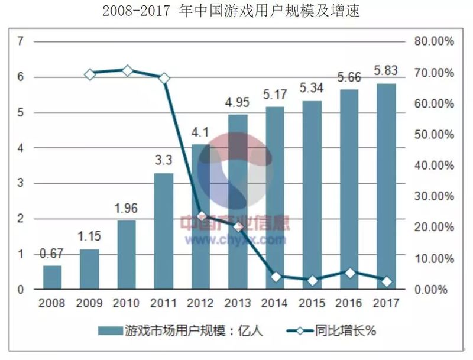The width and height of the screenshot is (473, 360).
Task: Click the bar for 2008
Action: tap(52, 278)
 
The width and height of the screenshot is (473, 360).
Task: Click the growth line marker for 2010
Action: tap(127, 71)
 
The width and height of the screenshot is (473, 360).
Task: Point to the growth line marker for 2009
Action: tap(89, 74)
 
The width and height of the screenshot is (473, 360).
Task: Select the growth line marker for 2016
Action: tap(349, 273)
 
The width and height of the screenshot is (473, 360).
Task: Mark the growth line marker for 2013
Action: tap(238, 226)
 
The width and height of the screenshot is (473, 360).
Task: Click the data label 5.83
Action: tap(386, 71)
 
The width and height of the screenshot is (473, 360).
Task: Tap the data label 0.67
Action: tap(52, 254)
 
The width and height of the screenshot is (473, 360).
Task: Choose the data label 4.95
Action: tap(238, 102)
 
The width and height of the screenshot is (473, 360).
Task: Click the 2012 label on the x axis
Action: tap(201, 304)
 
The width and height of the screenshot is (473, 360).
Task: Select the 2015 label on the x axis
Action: tap(312, 304)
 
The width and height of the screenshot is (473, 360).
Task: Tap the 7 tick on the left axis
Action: tap(21, 41)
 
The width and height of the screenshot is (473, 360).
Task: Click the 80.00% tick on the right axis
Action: tap(433, 41)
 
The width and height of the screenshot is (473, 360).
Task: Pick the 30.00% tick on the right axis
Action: tap(433, 196)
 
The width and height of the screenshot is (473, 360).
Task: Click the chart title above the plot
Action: tap(231, 11)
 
